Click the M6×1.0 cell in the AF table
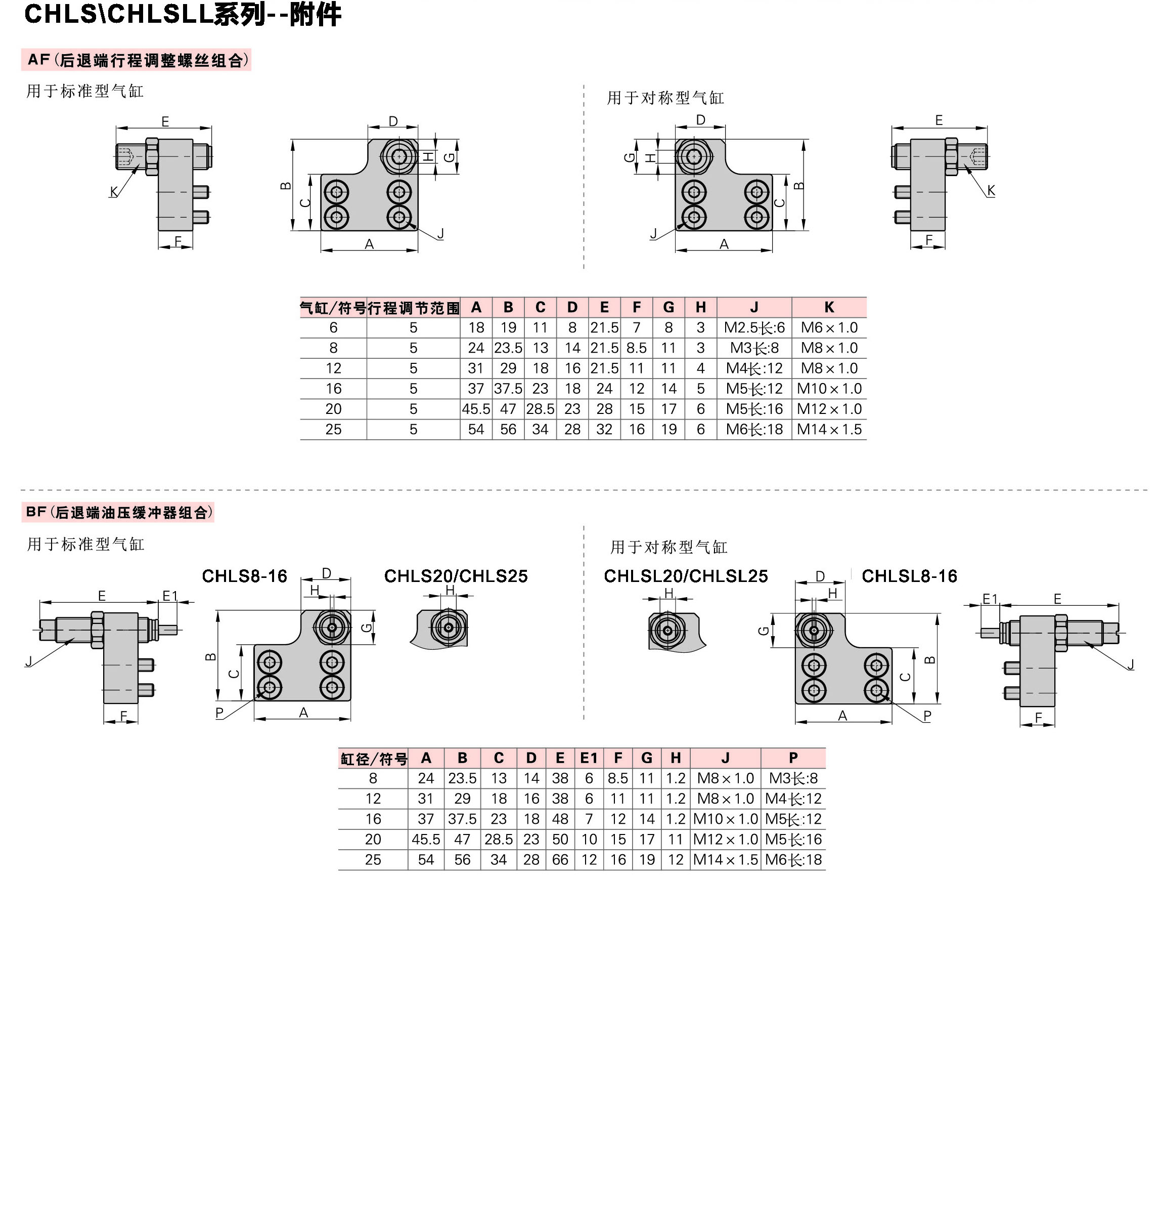coord(829,327)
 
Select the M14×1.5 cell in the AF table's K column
coord(829,430)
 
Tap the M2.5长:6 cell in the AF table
coord(754,327)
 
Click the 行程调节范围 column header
coord(414,308)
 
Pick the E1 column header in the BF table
coord(589,758)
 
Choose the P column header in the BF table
coord(793,758)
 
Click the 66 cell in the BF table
coord(560,859)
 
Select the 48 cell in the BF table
coord(560,819)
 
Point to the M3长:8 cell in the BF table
coord(793,778)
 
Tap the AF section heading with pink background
coord(137,60)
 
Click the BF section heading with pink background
coord(118,512)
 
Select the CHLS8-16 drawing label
coord(245,576)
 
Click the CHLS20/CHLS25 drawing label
coord(456,576)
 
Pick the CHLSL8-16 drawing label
coord(909,576)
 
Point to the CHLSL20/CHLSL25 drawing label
coord(685,576)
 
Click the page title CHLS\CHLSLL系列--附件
coord(183,14)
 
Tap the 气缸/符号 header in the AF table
coord(333,308)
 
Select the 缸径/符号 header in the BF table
coord(374,759)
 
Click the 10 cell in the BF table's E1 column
coord(589,839)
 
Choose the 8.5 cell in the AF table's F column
coord(637,348)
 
